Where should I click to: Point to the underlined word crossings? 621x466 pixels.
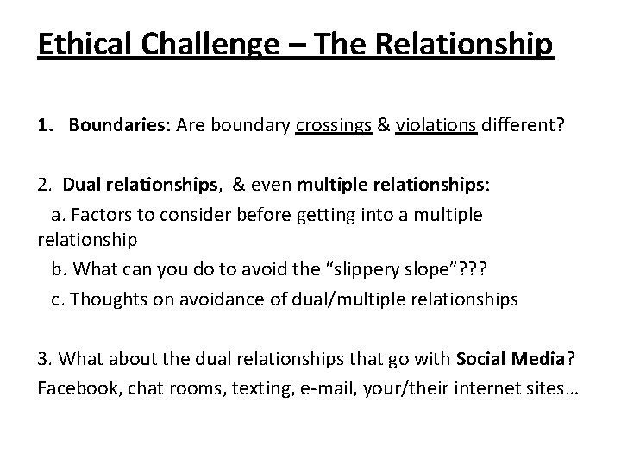pyautogui.click(x=334, y=127)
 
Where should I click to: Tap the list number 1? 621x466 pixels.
pyautogui.click(x=43, y=127)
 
